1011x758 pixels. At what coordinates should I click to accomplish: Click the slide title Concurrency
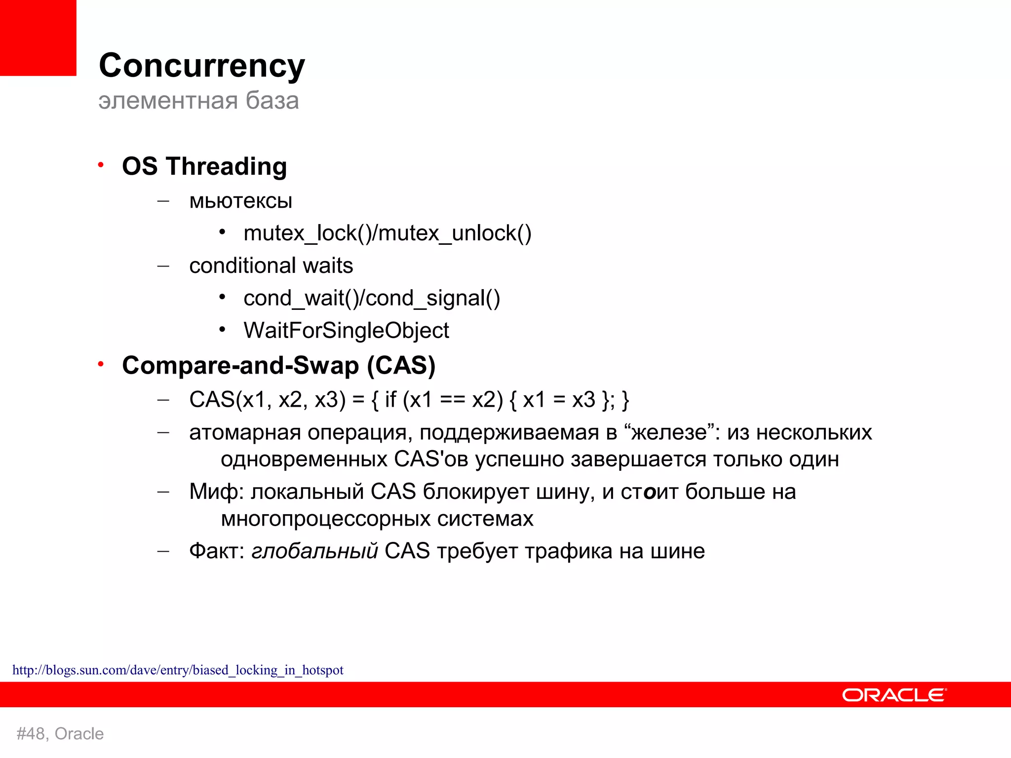[201, 66]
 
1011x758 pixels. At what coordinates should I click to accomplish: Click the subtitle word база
[272, 101]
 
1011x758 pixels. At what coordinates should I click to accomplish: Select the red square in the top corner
[38, 38]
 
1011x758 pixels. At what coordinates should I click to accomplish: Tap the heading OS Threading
[204, 166]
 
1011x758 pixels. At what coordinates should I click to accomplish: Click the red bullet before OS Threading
[101, 165]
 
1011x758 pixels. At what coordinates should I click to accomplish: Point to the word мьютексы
[240, 201]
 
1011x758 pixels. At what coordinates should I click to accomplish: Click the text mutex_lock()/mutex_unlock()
[387, 233]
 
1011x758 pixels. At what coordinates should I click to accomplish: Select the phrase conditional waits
[271, 266]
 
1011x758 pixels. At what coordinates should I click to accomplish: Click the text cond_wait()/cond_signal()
[371, 299]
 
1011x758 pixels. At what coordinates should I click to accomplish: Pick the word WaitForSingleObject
[346, 331]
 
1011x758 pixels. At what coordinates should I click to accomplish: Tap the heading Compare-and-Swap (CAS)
[278, 366]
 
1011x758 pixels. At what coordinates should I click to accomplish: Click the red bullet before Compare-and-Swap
[101, 364]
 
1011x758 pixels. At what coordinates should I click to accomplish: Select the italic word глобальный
[314, 551]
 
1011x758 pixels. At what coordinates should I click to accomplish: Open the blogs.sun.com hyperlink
[178, 670]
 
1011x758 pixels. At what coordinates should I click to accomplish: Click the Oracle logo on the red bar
[894, 695]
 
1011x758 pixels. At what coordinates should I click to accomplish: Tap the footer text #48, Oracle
[60, 734]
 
